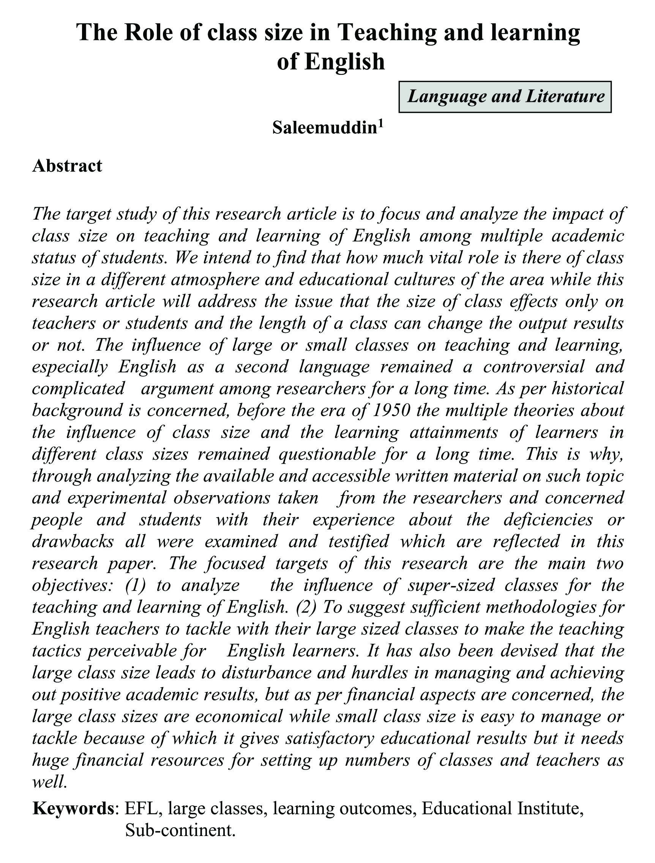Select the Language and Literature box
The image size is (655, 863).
click(x=505, y=97)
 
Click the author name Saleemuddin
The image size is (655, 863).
click(x=324, y=128)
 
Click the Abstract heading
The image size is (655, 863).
click(x=67, y=166)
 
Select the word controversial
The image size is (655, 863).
click(x=534, y=366)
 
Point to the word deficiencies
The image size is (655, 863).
click(x=548, y=519)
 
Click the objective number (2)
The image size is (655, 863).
click(x=306, y=606)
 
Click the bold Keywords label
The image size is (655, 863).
click(x=73, y=808)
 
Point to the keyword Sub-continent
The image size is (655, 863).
click(x=180, y=831)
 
